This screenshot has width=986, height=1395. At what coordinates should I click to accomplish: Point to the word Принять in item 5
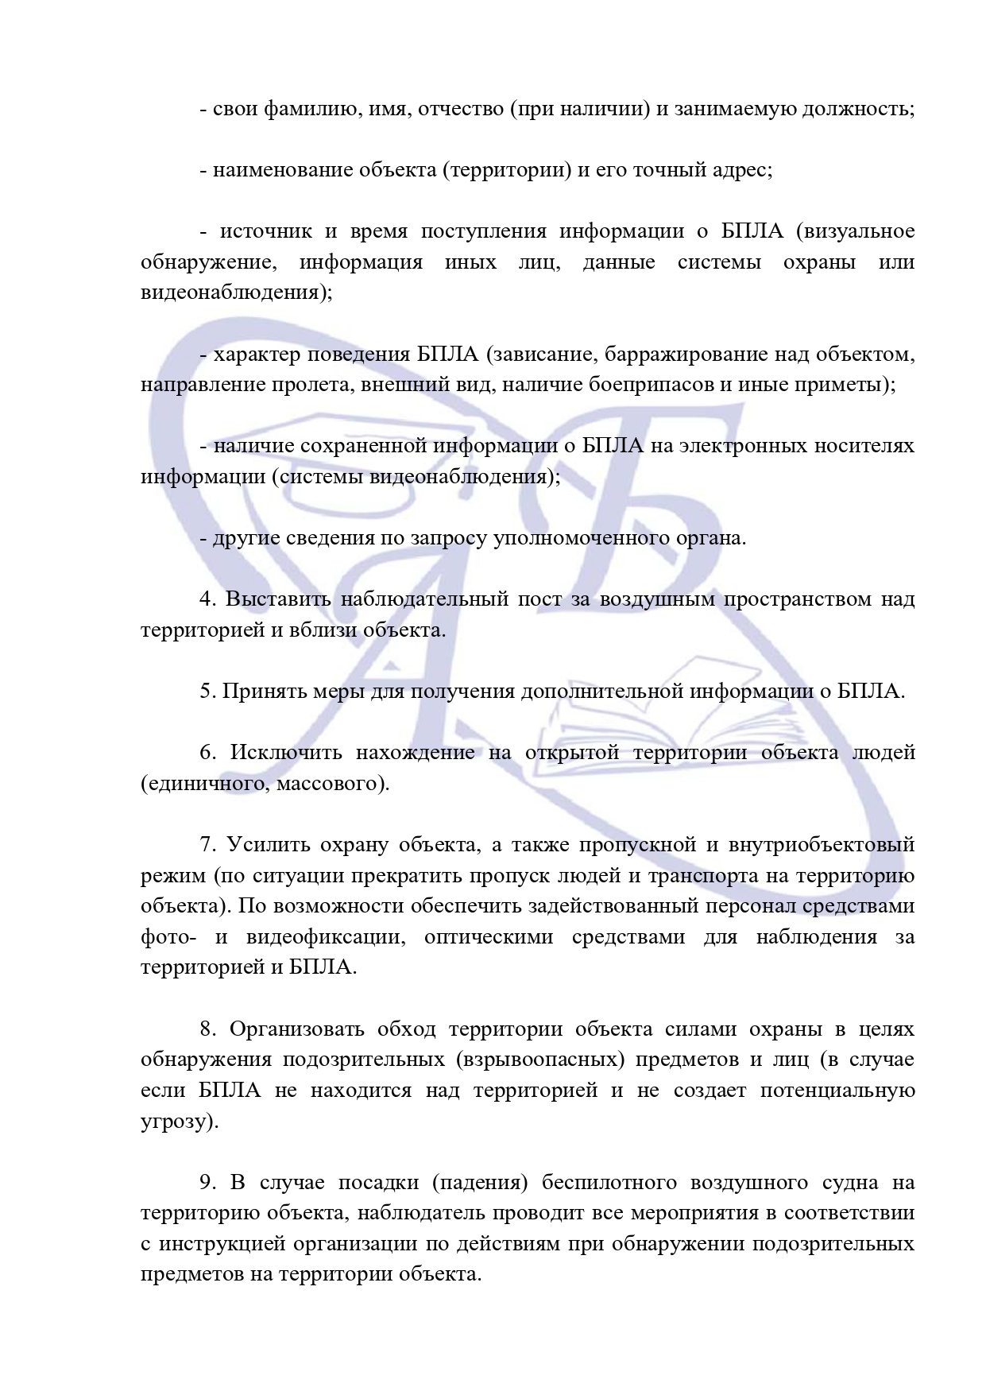tap(255, 692)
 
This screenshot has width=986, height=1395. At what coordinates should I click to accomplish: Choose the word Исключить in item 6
tap(286, 753)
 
